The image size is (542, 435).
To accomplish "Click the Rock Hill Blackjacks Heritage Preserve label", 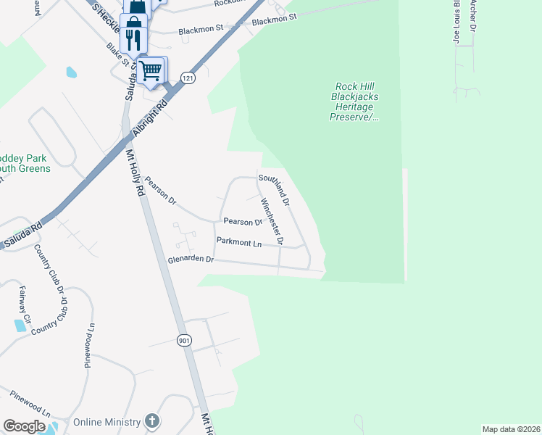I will click(x=355, y=101).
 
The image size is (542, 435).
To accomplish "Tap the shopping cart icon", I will click(x=151, y=71).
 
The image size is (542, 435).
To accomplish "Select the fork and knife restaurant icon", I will click(x=133, y=38).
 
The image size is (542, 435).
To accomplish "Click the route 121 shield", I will click(x=188, y=78).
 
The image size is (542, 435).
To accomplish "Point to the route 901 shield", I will click(x=184, y=340).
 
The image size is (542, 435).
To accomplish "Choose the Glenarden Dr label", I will click(x=191, y=258).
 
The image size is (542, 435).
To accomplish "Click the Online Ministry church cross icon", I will click(x=151, y=421).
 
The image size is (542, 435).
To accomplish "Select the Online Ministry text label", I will click(x=107, y=421).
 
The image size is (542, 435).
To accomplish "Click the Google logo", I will click(x=24, y=426).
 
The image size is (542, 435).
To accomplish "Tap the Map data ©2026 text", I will click(x=511, y=429).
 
